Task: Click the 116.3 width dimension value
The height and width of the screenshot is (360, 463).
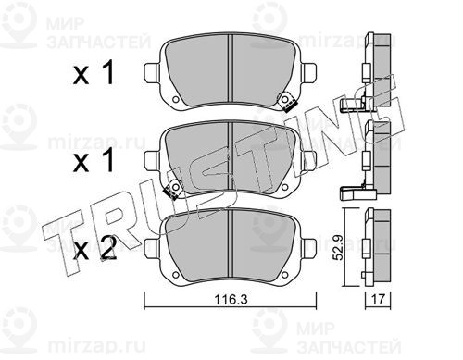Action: (x=231, y=299)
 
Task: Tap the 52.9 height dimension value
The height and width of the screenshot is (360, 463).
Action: (x=340, y=247)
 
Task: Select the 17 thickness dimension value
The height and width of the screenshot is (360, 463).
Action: (x=378, y=299)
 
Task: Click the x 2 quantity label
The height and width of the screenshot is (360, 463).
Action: (x=95, y=248)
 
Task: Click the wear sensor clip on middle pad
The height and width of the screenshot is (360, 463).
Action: (x=173, y=188)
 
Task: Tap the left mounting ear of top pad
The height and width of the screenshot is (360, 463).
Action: (x=151, y=73)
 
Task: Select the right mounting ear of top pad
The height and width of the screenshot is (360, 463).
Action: (x=309, y=73)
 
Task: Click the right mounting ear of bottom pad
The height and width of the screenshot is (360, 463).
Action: (x=309, y=248)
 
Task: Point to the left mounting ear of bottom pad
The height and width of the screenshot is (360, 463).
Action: (x=151, y=248)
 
